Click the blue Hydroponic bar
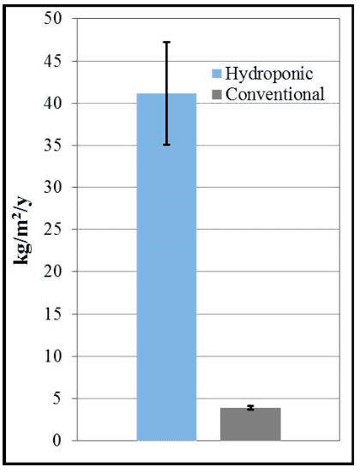coord(166,274)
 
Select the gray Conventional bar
coord(250,424)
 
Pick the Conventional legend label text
coord(274,94)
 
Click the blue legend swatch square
coord(217,75)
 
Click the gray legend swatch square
coord(217,94)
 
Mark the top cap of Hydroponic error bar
coord(166,42)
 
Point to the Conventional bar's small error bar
coord(250,408)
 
